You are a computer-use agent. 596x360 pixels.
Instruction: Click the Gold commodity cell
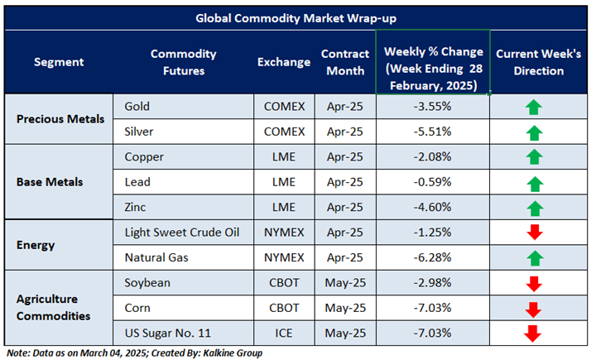point(137,107)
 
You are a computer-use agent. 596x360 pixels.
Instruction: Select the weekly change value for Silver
point(432,132)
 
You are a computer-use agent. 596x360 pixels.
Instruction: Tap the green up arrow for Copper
point(533,157)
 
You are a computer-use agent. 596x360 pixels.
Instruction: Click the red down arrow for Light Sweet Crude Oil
point(533,233)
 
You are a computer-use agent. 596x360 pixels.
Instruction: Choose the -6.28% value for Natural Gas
point(432,257)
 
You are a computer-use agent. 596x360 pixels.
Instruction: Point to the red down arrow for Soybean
point(533,283)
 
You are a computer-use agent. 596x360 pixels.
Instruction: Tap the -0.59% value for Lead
point(432,182)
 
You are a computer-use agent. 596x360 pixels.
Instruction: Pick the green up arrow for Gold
point(533,107)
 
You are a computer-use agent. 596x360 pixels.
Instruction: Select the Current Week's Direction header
point(538,62)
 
